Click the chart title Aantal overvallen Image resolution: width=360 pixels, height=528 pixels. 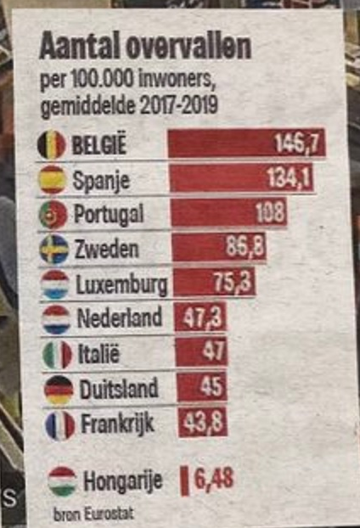click(145, 49)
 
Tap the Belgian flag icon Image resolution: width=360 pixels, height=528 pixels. click(52, 144)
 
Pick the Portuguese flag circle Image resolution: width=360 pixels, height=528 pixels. click(53, 215)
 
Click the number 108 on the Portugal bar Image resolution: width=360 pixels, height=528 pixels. click(269, 213)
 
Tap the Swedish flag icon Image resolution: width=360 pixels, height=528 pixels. click(54, 250)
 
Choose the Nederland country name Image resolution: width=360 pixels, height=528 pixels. click(119, 318)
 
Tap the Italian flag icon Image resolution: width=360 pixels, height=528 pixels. click(58, 354)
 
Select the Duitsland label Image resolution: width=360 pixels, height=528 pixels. click(118, 390)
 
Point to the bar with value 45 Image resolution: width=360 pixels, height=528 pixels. click(203, 388)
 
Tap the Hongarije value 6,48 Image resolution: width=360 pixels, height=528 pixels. click(213, 480)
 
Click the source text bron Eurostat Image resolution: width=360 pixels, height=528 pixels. click(82, 514)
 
